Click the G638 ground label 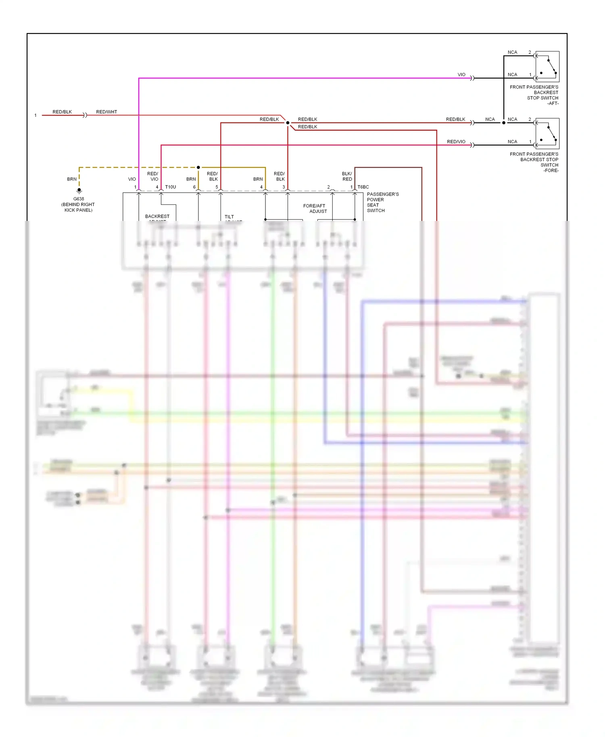(79, 199)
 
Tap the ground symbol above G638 (79, 190)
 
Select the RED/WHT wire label (106, 112)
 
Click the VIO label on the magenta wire (461, 75)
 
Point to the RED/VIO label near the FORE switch (456, 142)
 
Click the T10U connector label (171, 187)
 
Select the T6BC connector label (363, 187)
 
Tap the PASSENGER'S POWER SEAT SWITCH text (382, 202)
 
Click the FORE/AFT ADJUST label (315, 208)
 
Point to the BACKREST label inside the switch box (157, 217)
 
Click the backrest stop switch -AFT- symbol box (547, 67)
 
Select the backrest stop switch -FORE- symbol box (547, 133)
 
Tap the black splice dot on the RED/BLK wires (288, 123)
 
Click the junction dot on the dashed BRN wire (198, 167)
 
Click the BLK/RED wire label (347, 176)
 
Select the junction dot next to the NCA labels (504, 123)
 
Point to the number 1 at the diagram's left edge (35, 115)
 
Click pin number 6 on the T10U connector (194, 187)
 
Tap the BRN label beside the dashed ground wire (72, 179)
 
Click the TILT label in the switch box (229, 217)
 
